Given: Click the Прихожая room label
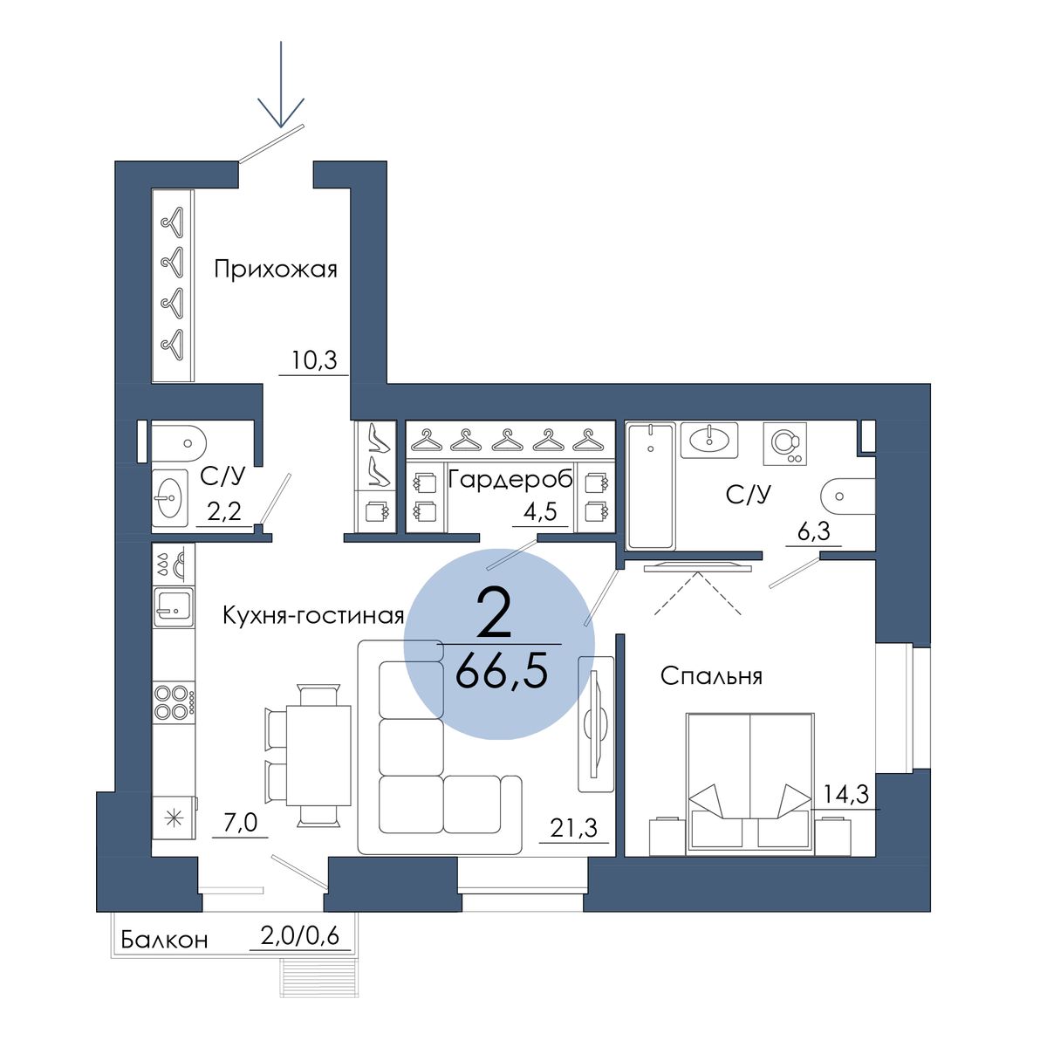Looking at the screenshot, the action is tap(276, 270).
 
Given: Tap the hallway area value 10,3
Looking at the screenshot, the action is tap(314, 359).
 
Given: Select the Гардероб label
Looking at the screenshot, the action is tap(510, 480).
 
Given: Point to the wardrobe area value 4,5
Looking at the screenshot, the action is tap(540, 512).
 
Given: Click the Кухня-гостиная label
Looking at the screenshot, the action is tap(313, 616).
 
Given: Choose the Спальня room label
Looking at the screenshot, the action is tap(711, 676).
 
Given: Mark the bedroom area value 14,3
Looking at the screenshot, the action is tap(846, 794).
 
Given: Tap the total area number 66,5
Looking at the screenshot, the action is tap(501, 674).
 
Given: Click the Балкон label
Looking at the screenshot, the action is tap(164, 939).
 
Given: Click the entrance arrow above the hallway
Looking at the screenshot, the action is tap(281, 85).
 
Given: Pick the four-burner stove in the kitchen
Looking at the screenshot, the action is tap(174, 702).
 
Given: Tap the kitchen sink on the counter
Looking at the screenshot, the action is tap(174, 607).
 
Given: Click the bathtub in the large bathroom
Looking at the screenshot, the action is tap(651, 486).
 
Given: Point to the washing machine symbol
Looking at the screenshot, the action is tap(784, 444).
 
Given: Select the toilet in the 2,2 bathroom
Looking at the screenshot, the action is tap(179, 443).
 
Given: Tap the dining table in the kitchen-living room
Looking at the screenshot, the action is tap(318, 756).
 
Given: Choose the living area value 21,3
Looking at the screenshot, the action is tap(574, 828).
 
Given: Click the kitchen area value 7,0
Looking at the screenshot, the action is tap(240, 823).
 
